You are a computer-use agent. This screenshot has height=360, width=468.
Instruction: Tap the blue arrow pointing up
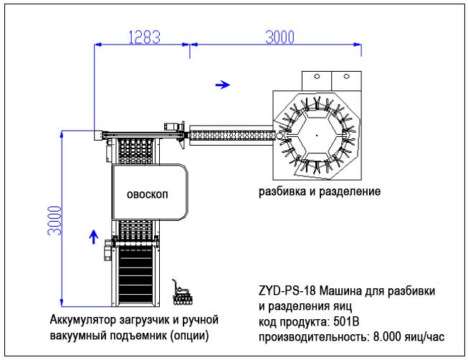coord(92,237)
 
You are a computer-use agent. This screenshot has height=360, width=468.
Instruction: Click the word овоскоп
coord(148,195)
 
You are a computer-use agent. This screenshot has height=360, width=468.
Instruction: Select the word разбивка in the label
coord(282,192)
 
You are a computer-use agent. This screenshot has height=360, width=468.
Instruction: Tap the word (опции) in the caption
coord(196,335)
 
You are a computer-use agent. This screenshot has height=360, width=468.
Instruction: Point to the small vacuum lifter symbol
coord(181,290)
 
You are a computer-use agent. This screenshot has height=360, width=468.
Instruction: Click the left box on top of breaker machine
coord(315,77)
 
